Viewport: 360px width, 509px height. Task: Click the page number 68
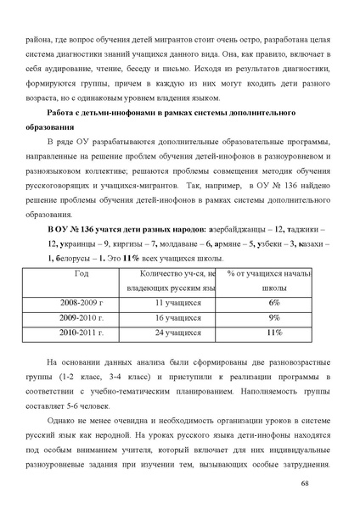coord(329,482)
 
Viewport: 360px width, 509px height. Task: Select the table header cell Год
coord(82,273)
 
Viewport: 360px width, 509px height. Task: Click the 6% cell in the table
coord(274,302)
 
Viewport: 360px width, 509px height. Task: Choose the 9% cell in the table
coord(274,317)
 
